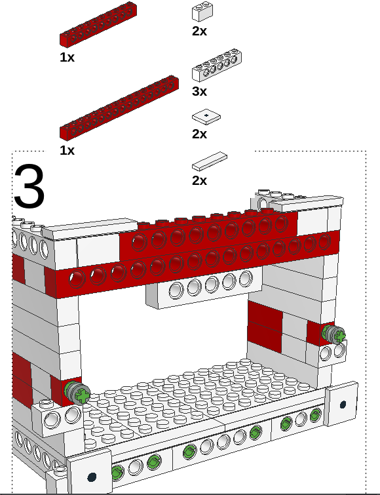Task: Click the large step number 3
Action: coord(29,186)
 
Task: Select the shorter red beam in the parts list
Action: coord(98,24)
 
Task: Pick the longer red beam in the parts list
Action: coord(119,108)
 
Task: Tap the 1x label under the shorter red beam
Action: coord(67,57)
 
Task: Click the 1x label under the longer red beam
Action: coord(67,150)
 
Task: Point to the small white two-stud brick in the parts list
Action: coord(202,12)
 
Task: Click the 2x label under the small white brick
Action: coord(199,31)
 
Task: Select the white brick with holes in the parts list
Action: coord(217,66)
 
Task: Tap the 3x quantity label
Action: coord(199,91)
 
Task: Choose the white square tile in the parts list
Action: coord(206,117)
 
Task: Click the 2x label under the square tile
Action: coord(199,134)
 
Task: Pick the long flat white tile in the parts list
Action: coord(210,161)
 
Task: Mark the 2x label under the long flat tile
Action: coord(199,180)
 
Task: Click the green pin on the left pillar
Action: coord(77,392)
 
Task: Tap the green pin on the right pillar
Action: coord(333,334)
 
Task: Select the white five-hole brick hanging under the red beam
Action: coord(204,288)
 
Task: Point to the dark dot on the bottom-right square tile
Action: coord(343,404)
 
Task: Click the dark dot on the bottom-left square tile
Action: coord(92,477)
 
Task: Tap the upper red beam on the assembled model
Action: coord(208,233)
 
